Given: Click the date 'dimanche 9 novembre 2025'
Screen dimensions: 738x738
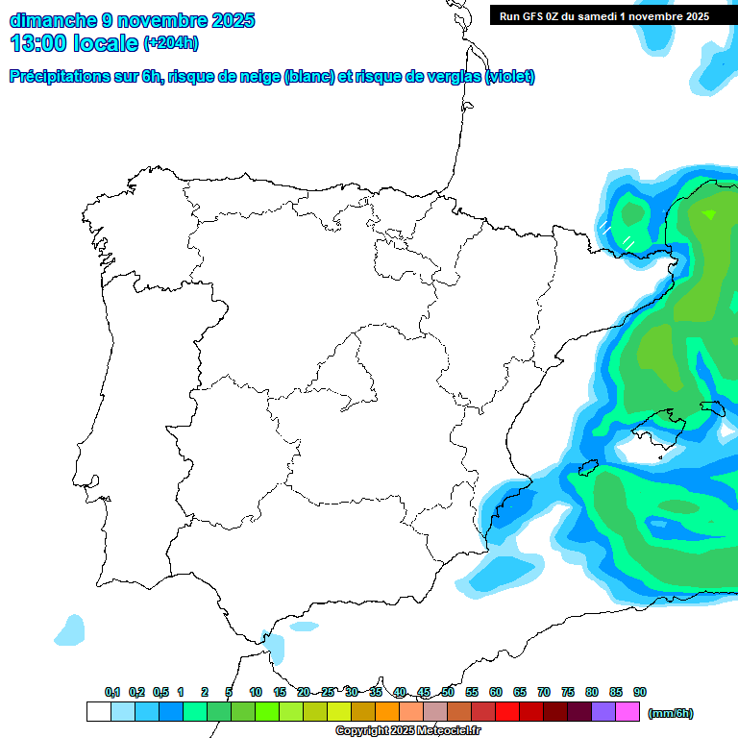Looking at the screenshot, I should coord(132,20).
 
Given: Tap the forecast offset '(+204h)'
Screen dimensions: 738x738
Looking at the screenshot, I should coord(171,42).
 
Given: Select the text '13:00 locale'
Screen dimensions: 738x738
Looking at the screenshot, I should coord(74,42).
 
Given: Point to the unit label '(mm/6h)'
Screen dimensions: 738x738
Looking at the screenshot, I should coord(670,713).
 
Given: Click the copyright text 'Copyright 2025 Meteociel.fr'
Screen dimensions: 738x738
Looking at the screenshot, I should coord(407,731).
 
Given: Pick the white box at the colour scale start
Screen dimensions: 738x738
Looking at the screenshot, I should coord(98,712).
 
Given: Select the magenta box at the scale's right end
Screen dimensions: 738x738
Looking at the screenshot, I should coord(627,712).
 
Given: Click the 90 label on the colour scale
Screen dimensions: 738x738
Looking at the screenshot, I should coord(640,692).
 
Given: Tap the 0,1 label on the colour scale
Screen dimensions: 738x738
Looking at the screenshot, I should coord(112,692).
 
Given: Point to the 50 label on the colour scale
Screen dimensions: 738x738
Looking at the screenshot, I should coord(448,692).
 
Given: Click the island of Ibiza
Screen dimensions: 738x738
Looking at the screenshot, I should coord(586,467).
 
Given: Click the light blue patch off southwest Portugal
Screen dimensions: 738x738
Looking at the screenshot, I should coord(69,630).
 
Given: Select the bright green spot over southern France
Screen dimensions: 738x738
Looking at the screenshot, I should coord(709,214).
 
